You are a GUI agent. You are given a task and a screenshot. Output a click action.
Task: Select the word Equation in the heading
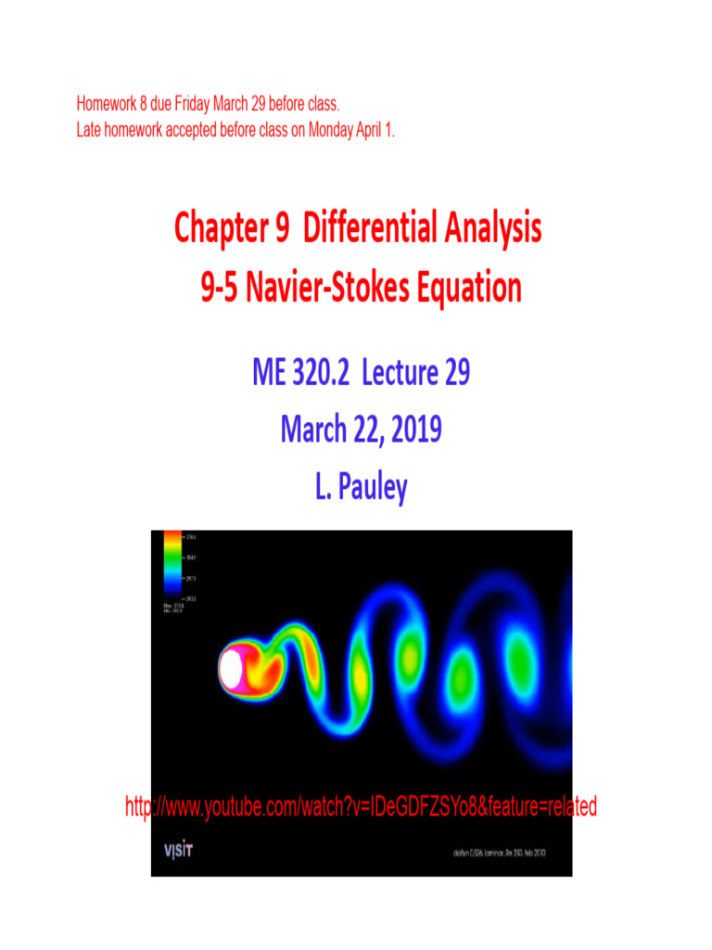tap(470, 289)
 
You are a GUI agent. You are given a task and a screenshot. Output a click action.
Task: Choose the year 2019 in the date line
tap(408, 431)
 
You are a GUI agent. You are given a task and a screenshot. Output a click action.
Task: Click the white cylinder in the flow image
tap(231, 665)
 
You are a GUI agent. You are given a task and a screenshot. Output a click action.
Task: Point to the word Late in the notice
tap(90, 131)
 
